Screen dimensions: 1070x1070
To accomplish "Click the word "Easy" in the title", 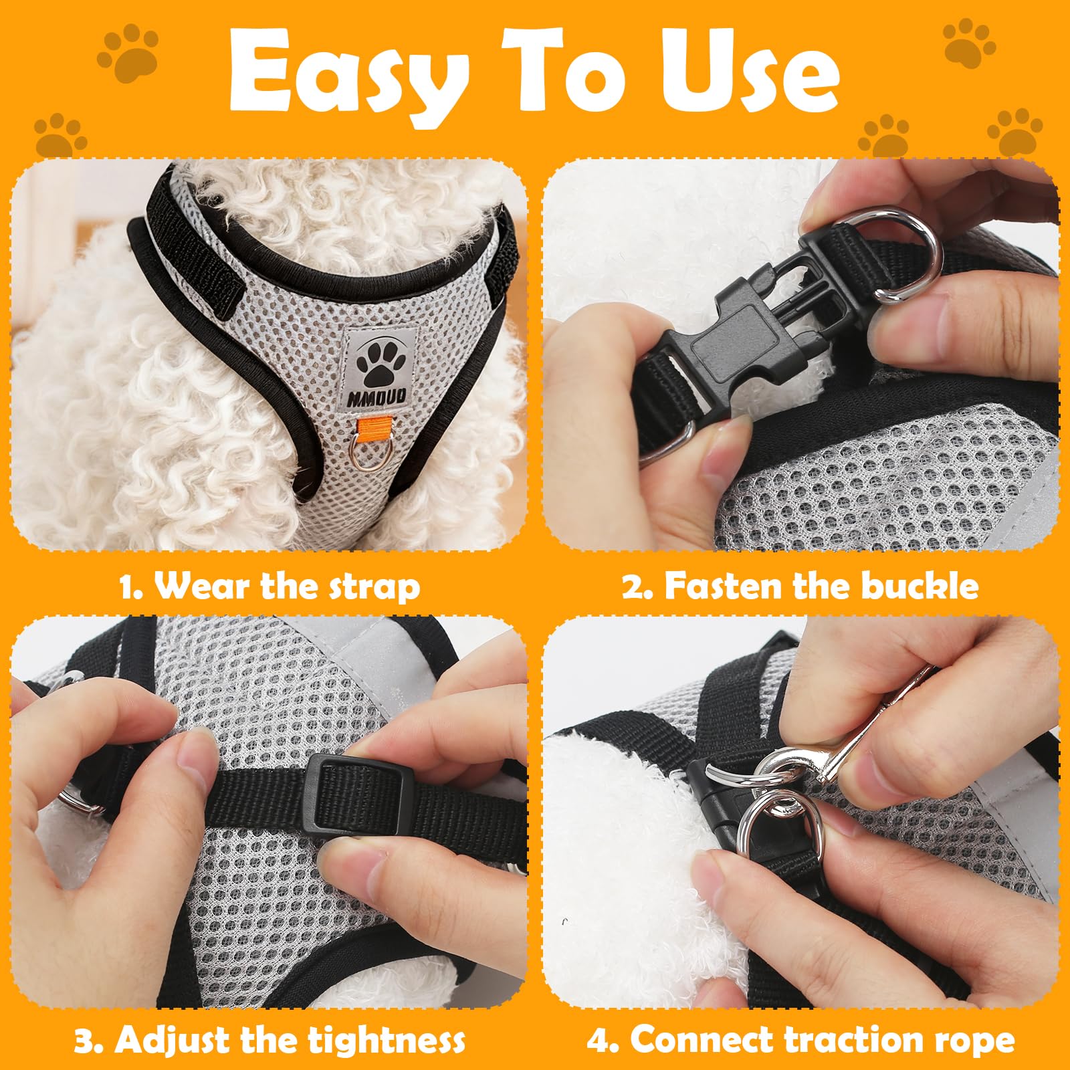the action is click(x=348, y=79).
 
